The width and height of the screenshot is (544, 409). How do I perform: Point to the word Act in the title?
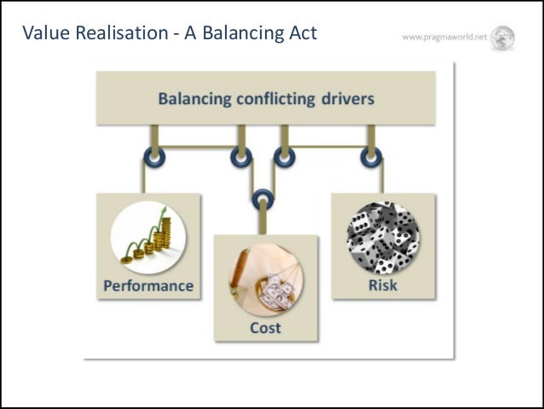pyautogui.click(x=300, y=33)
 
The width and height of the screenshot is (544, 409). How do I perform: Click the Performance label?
pyautogui.click(x=148, y=285)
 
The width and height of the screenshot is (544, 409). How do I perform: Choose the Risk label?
pyautogui.click(x=382, y=285)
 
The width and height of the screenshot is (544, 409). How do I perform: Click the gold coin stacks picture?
pyautogui.click(x=148, y=238)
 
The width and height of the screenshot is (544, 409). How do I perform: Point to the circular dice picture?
pyautogui.click(x=382, y=237)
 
